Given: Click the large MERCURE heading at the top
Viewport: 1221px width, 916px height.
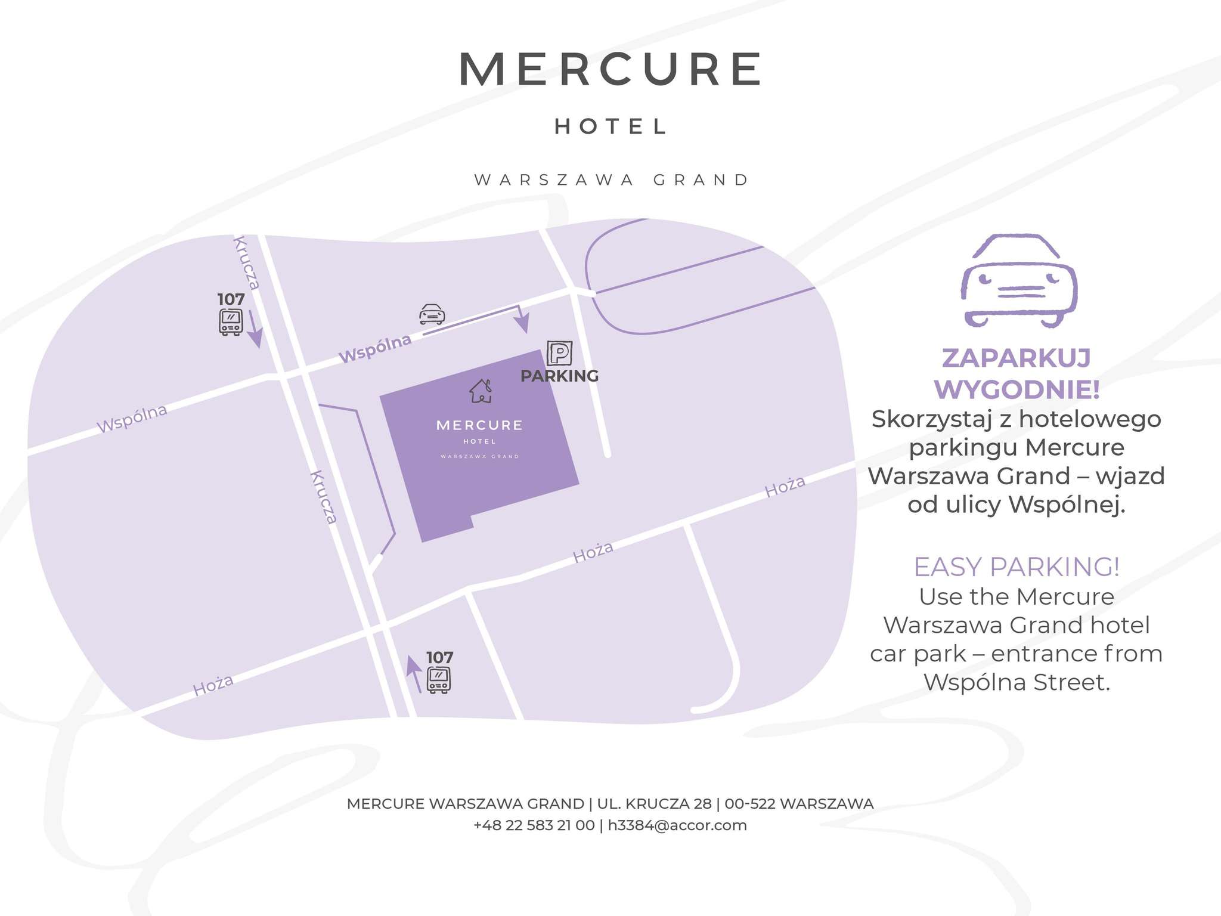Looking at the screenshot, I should [610, 70].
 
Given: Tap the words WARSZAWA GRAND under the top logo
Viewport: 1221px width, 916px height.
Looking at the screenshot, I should [611, 180].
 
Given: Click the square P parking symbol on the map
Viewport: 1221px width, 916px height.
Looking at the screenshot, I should [559, 353].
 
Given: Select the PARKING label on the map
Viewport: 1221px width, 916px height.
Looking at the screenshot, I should [559, 376].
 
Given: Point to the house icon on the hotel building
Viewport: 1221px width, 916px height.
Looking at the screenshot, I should [481, 391].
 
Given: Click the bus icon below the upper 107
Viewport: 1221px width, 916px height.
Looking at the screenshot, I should [231, 322].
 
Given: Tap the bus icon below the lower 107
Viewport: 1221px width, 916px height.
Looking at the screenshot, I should [439, 680].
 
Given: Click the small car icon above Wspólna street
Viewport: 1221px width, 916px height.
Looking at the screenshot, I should [432, 314].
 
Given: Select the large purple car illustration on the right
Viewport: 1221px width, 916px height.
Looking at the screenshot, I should [1019, 280].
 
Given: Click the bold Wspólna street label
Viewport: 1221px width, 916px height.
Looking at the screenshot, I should [375, 348].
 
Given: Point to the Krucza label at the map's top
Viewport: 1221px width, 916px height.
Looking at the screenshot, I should [247, 262].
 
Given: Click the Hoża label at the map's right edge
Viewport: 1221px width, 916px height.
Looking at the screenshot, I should [785, 486].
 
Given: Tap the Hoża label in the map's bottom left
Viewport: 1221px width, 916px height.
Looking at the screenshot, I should [213, 685].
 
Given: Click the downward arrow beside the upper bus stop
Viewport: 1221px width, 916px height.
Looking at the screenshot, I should [254, 329].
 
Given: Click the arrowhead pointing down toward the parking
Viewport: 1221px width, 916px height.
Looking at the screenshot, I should [522, 324].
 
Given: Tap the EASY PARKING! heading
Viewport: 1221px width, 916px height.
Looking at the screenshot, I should [1017, 567].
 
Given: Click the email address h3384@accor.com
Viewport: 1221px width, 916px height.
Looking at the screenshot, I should [677, 825].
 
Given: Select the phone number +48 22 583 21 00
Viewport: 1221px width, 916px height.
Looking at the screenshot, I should [534, 825].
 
